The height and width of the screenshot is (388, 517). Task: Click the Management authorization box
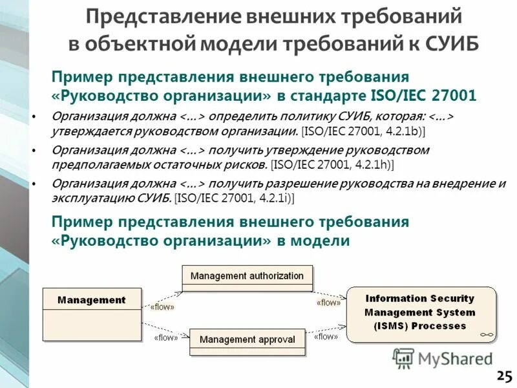tap(247, 276)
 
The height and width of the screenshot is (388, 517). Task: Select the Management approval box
tap(247, 339)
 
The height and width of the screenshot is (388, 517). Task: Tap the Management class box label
tap(91, 300)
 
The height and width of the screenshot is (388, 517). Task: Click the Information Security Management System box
tap(419, 312)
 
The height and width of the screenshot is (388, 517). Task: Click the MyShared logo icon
tap(404, 358)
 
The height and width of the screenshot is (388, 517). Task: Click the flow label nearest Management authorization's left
tap(162, 307)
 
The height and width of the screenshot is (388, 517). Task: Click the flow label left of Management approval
tap(166, 337)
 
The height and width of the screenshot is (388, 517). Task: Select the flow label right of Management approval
tap(326, 336)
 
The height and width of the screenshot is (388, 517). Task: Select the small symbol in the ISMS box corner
tap(486, 335)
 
